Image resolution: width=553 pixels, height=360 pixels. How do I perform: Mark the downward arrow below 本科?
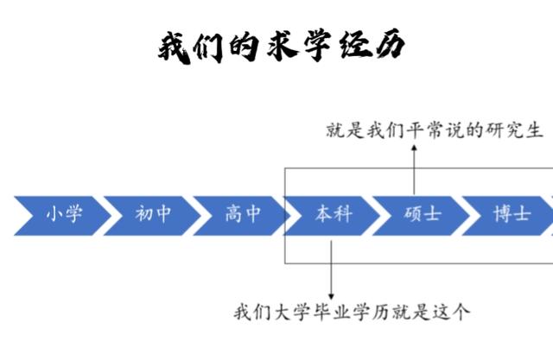331,268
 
